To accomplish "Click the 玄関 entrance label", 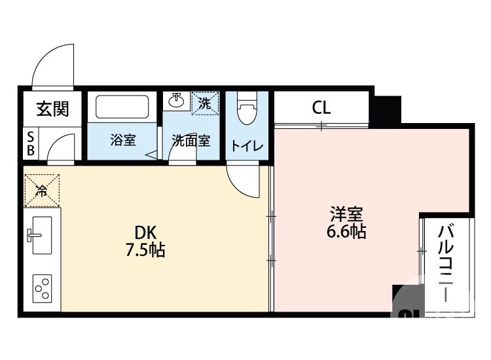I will pos(52,109).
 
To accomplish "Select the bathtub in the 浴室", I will pos(123,107).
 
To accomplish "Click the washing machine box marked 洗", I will pos(205,103).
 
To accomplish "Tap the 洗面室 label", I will pos(191,140).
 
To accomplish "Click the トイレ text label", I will pos(247,146).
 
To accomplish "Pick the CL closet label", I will pos(321,107).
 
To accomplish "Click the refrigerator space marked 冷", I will pos(42,190).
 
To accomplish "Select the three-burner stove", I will pos(43,288).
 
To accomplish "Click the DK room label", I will pos(145,232).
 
